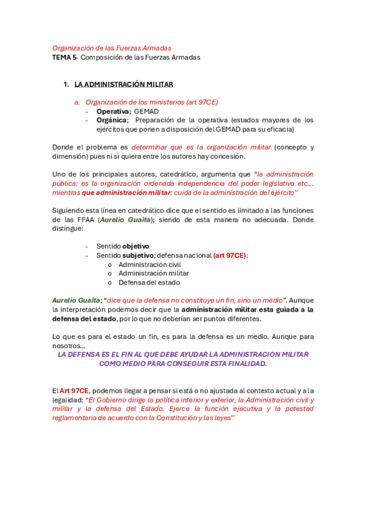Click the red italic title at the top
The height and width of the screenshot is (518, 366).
112,48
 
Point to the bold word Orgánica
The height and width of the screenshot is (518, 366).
111,120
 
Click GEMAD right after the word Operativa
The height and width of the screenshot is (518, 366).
147,112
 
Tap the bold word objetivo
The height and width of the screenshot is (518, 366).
136,246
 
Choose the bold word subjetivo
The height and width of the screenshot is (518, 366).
138,255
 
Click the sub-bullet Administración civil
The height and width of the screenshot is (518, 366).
150,264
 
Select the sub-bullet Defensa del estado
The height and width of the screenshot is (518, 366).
150,282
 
